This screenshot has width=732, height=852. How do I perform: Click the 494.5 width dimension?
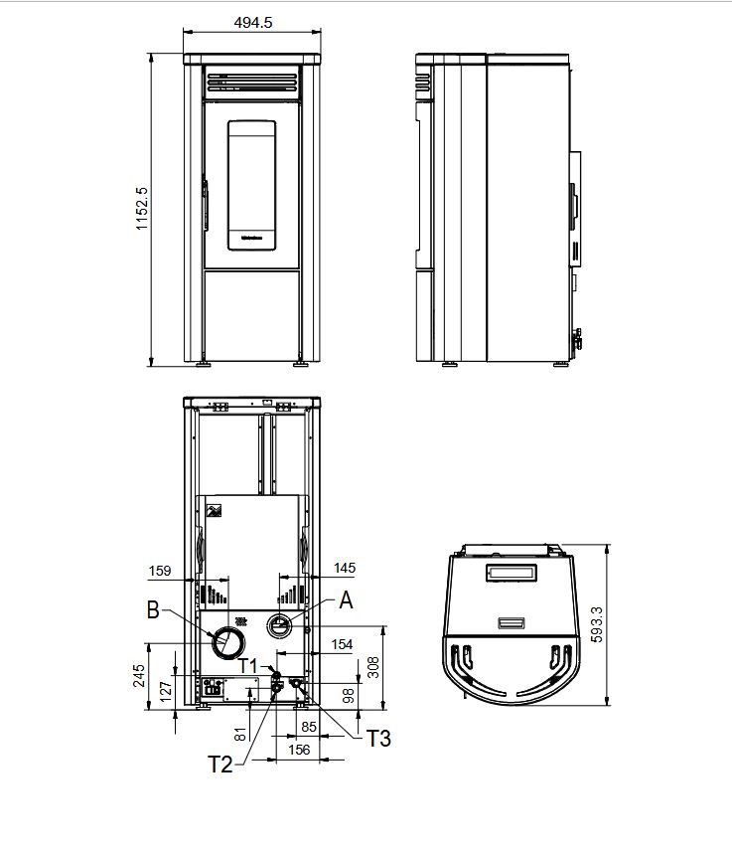pyautogui.click(x=253, y=23)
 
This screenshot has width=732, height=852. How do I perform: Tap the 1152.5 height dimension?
pyautogui.click(x=141, y=209)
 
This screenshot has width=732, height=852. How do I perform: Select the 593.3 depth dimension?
pyautogui.click(x=596, y=624)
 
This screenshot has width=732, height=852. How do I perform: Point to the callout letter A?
pyautogui.click(x=346, y=600)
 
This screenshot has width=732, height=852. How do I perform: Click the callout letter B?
pyautogui.click(x=153, y=609)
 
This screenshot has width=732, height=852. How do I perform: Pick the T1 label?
pyautogui.click(x=248, y=666)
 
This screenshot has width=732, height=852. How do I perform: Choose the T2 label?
pyautogui.click(x=220, y=765)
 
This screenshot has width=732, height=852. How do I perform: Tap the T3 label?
pyautogui.click(x=378, y=739)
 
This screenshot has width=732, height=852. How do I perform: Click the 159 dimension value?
pyautogui.click(x=160, y=571)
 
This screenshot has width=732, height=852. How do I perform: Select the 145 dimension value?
pyautogui.click(x=345, y=569)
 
